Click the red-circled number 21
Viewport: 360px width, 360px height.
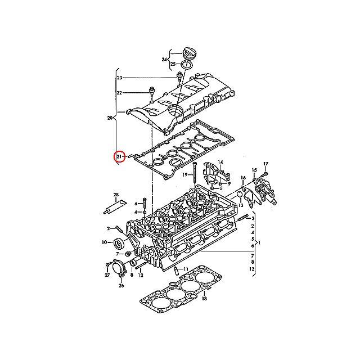[x=119, y=157]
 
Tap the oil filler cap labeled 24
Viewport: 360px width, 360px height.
[x=188, y=55]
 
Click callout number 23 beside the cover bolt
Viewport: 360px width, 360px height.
[x=120, y=78]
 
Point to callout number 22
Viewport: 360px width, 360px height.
[x=119, y=93]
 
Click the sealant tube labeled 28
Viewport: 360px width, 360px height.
[x=115, y=206]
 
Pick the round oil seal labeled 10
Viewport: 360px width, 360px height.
[x=119, y=244]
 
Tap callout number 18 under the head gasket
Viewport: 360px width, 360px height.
[x=204, y=299]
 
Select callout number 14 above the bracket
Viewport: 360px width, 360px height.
[x=220, y=162]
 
